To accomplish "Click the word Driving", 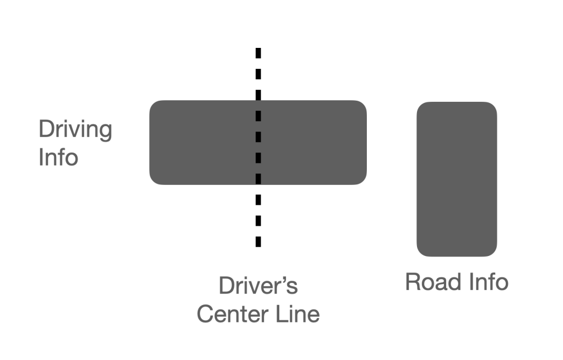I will [75, 130].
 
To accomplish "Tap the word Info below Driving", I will [58, 157].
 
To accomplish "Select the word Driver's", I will [258, 286].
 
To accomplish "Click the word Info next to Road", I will [486, 282].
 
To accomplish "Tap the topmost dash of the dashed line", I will [258, 53].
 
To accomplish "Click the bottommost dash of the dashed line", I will [258, 241].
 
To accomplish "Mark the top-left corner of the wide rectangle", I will [152, 103].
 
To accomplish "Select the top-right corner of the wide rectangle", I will [364, 103].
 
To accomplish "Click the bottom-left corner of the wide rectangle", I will [152, 182].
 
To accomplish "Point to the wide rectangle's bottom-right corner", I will [364, 182].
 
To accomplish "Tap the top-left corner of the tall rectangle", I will [419, 105].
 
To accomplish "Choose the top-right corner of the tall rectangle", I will [494, 105].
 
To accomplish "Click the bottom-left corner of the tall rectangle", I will [419, 254].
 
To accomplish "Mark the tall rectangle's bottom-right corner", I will [494, 254].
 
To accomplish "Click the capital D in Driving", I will [46, 130].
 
